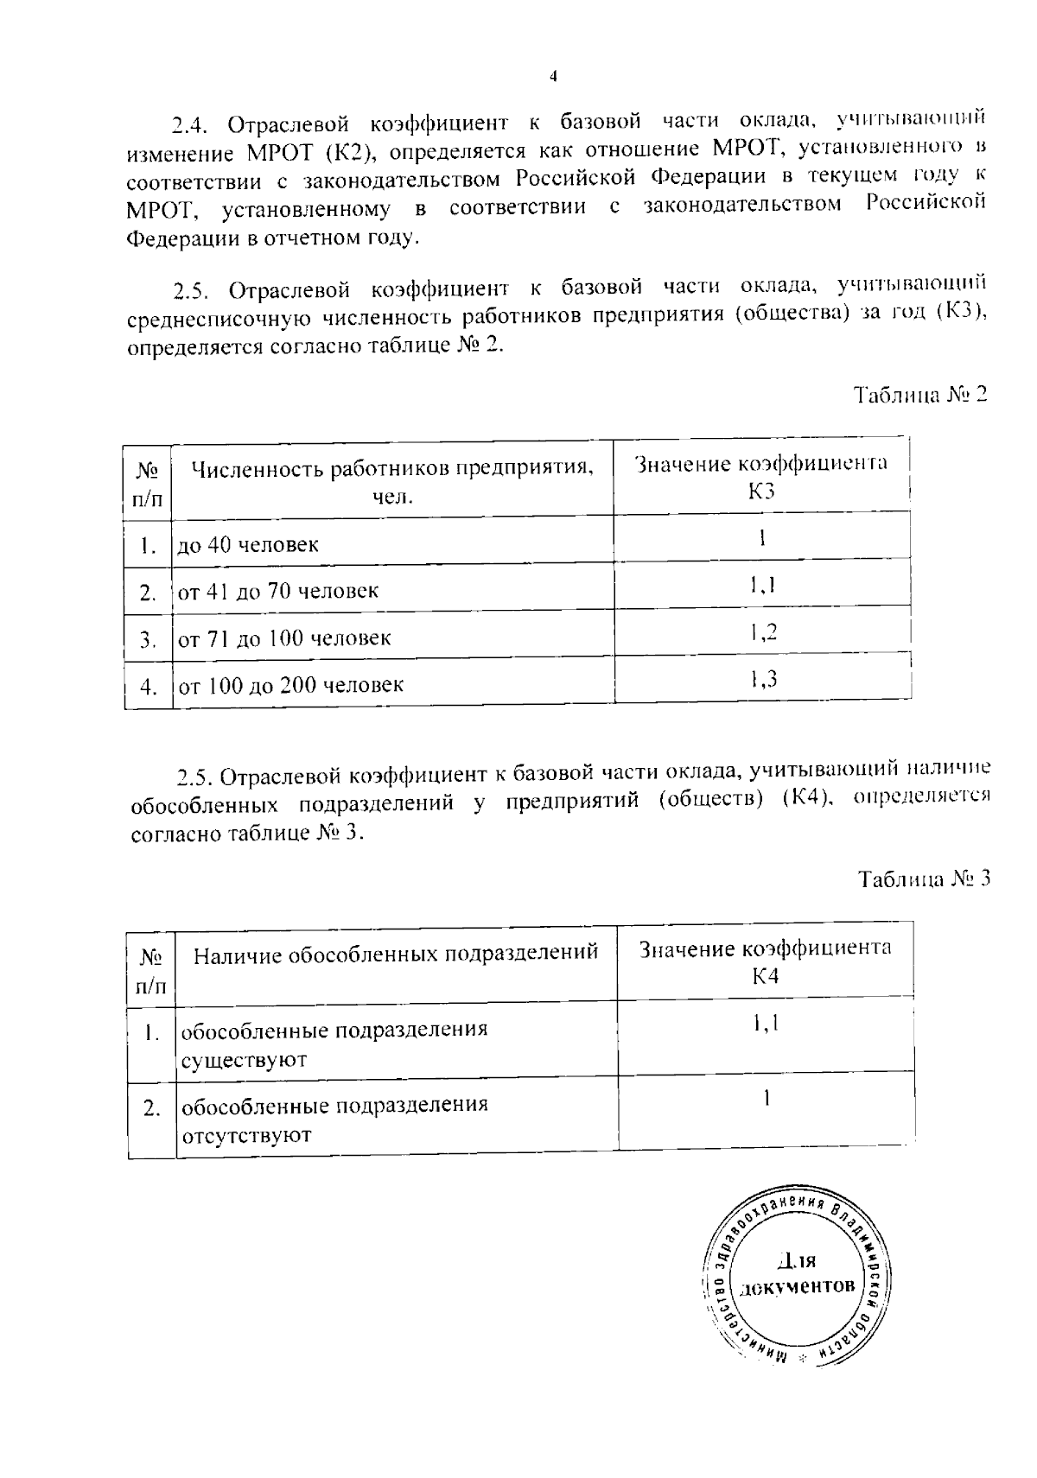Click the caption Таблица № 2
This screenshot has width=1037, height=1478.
(x=920, y=396)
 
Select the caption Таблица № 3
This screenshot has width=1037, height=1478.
(x=923, y=879)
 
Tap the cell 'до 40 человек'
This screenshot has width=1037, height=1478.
(x=248, y=545)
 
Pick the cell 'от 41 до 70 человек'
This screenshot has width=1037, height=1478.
(x=278, y=592)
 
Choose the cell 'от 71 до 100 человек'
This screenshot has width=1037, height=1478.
(x=284, y=639)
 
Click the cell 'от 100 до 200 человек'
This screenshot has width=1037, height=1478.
(x=290, y=686)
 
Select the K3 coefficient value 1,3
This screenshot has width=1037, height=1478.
(x=763, y=680)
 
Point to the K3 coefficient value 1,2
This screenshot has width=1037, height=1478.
(x=763, y=632)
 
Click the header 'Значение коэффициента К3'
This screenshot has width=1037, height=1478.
(x=761, y=477)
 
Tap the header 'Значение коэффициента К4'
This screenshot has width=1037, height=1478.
(x=766, y=961)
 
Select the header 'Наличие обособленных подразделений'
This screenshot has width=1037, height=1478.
(x=395, y=954)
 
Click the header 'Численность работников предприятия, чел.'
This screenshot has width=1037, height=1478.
(x=392, y=482)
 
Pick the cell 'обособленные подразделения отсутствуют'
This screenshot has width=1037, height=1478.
(x=334, y=1120)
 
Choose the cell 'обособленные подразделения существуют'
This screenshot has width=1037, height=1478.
(x=334, y=1044)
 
